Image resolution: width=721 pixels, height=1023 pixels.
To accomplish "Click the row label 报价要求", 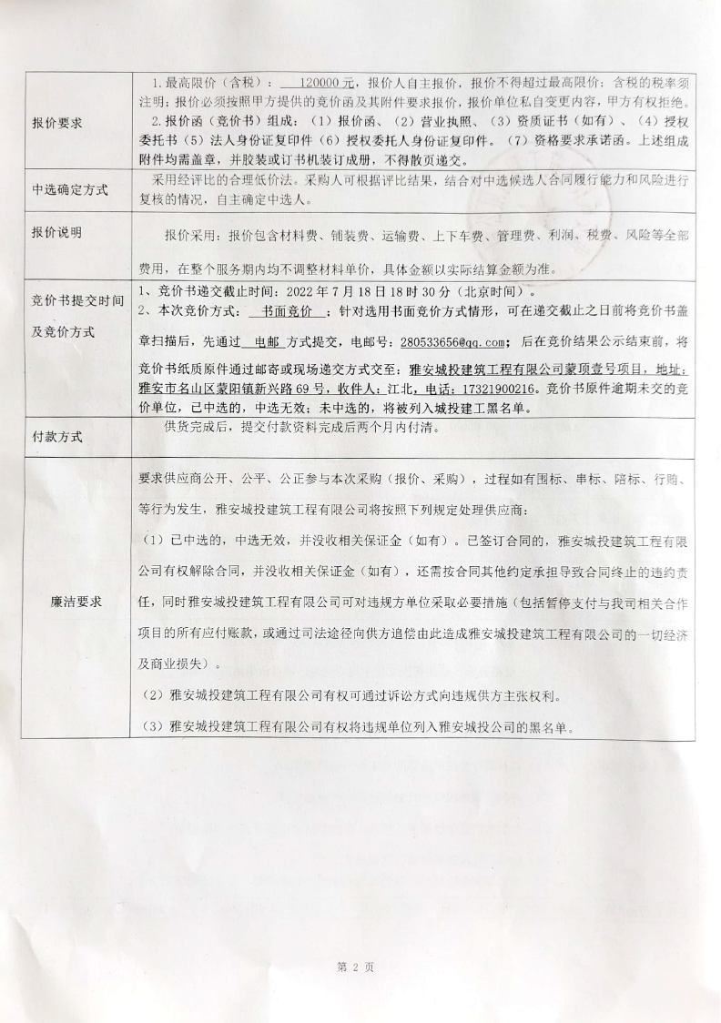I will (x=57, y=123).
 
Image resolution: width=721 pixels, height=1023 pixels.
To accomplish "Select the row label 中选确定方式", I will (x=70, y=190).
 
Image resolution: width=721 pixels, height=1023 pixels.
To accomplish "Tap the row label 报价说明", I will (x=57, y=233).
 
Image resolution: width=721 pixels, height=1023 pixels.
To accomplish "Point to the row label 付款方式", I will (x=57, y=436).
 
